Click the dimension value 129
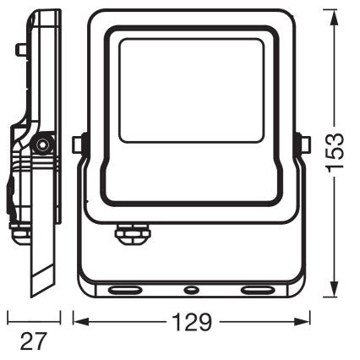pos(192,322)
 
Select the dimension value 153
pos(335,151)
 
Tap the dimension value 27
pos(33,341)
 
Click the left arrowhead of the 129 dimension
pos(81,322)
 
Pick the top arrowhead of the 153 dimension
pos(335,18)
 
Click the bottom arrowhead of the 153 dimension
pos(335,288)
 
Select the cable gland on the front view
pos(132,233)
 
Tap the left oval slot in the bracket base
pos(125,290)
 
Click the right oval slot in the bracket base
pos(257,290)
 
